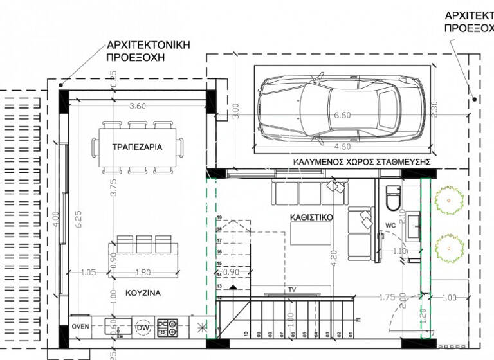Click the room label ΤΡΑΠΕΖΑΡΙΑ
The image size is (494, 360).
(x=136, y=147)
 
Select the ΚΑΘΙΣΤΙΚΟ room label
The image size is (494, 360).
(x=311, y=217)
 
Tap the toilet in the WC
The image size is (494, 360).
(x=392, y=199)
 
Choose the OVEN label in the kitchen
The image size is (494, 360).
(x=80, y=327)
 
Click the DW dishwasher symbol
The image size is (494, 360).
(x=143, y=327)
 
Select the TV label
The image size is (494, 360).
(x=292, y=291)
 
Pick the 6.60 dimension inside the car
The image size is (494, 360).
(x=342, y=115)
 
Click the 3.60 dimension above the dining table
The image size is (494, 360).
(x=137, y=106)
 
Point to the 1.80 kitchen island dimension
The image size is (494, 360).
(x=143, y=273)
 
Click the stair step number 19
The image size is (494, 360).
(x=219, y=219)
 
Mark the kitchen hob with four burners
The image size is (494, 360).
(x=167, y=327)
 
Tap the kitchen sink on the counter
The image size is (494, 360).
(x=118, y=327)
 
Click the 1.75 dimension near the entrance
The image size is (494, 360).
(x=386, y=297)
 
